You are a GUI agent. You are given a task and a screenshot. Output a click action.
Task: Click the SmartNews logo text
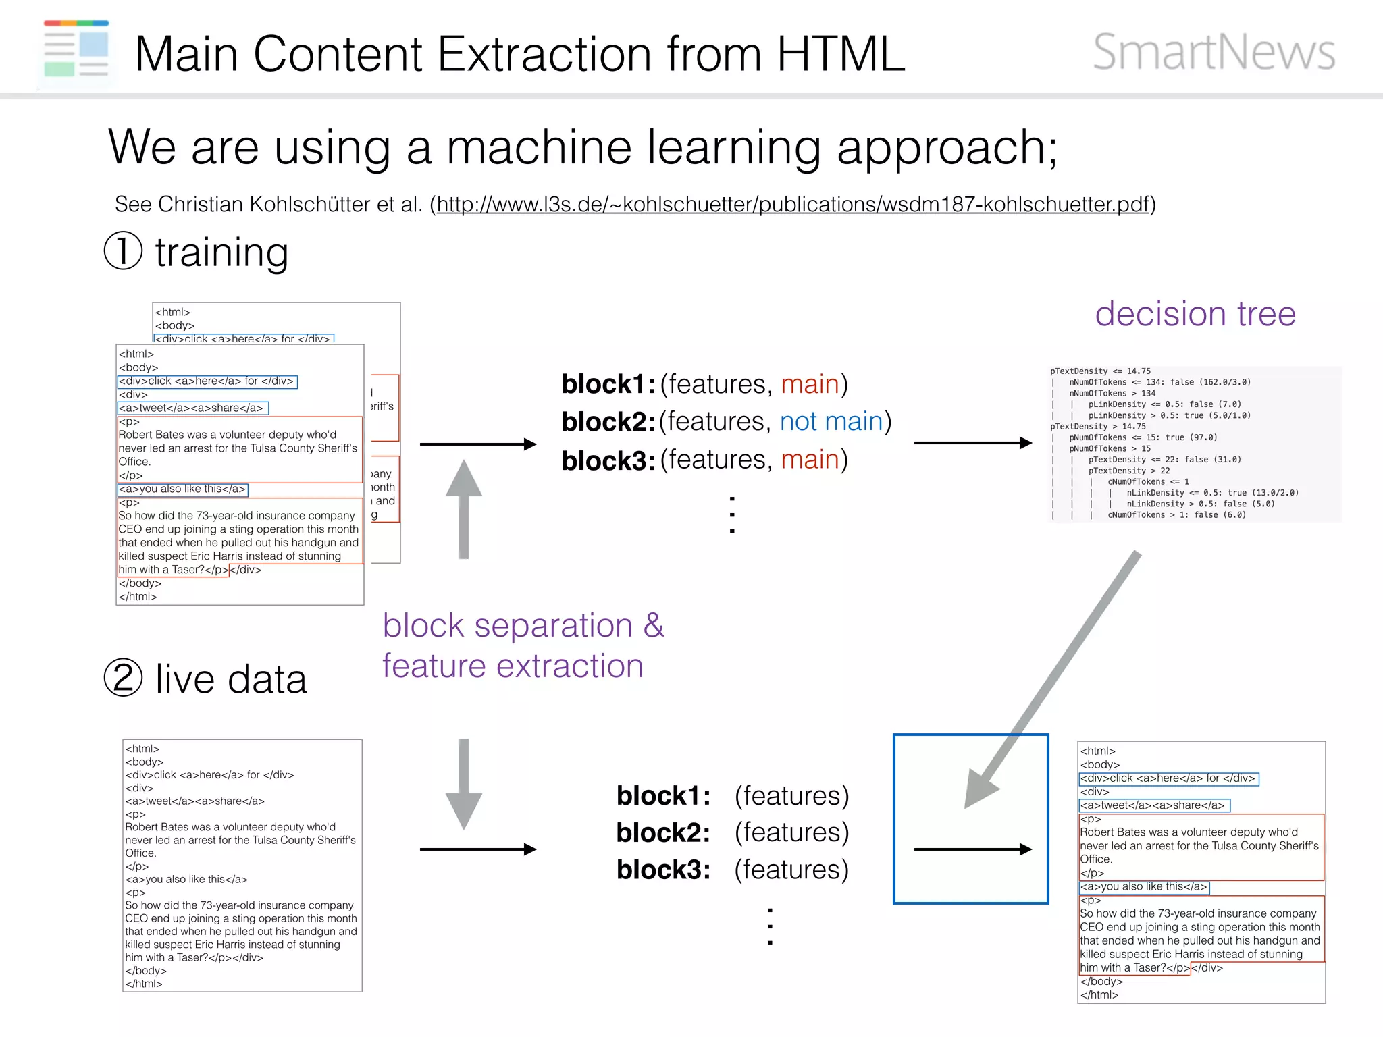pyautogui.click(x=1214, y=52)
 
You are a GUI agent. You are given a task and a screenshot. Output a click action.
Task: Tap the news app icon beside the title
pyautogui.click(x=76, y=49)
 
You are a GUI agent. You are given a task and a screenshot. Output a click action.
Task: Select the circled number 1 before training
pyautogui.click(x=123, y=250)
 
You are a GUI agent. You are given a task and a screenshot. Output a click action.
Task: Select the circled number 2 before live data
pyautogui.click(x=123, y=677)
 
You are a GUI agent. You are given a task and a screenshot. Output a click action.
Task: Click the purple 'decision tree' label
pyautogui.click(x=1195, y=314)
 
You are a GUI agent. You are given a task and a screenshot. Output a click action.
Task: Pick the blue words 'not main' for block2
pyautogui.click(x=831, y=421)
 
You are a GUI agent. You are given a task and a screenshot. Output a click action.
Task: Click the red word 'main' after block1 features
pyautogui.click(x=810, y=383)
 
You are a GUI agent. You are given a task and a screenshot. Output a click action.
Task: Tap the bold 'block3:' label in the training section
pyautogui.click(x=608, y=460)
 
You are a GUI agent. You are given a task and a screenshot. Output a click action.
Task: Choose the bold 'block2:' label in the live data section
pyautogui.click(x=663, y=832)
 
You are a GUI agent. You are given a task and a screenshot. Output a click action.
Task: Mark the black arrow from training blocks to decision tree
pyautogui.click(x=972, y=443)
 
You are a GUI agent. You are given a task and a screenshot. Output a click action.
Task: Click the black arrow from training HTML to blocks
pyautogui.click(x=477, y=444)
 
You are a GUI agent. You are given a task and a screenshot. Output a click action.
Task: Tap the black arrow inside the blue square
pyautogui.click(x=972, y=849)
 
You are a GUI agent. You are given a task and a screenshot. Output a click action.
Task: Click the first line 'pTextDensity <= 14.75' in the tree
pyautogui.click(x=1100, y=371)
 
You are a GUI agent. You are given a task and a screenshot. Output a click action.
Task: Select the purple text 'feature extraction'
pyautogui.click(x=513, y=666)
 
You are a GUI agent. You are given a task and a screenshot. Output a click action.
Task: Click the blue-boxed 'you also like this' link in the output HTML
pyautogui.click(x=1143, y=886)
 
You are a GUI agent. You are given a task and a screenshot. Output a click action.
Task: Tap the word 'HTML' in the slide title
pyautogui.click(x=840, y=53)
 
